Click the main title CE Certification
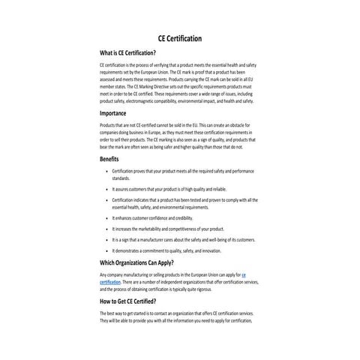(x=179, y=38)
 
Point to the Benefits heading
(x=109, y=159)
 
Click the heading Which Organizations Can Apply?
(x=142, y=263)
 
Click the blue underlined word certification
(x=109, y=281)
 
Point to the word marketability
(x=151, y=228)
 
